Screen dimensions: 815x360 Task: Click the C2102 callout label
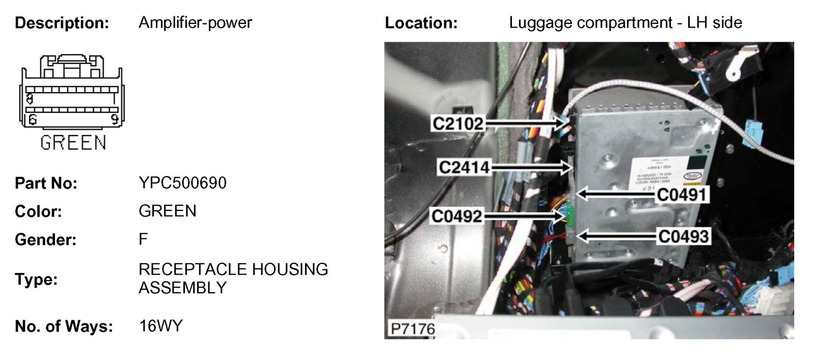(457, 123)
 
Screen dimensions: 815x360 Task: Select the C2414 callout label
(464, 167)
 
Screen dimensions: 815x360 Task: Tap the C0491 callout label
(682, 195)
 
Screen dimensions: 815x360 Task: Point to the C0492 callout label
(456, 216)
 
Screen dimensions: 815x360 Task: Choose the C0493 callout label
(683, 236)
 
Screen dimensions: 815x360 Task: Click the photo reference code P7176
(412, 328)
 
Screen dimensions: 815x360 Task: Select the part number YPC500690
(182, 183)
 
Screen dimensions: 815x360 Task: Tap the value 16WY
(160, 326)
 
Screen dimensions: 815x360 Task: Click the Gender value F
(143, 239)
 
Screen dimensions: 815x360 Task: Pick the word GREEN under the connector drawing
(73, 143)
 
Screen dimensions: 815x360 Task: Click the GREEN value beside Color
(167, 211)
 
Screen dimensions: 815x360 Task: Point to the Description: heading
(62, 23)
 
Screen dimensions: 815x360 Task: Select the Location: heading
(421, 23)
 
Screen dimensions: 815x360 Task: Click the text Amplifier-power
(195, 23)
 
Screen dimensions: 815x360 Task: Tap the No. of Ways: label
(64, 326)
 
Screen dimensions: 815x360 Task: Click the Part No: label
(46, 183)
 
